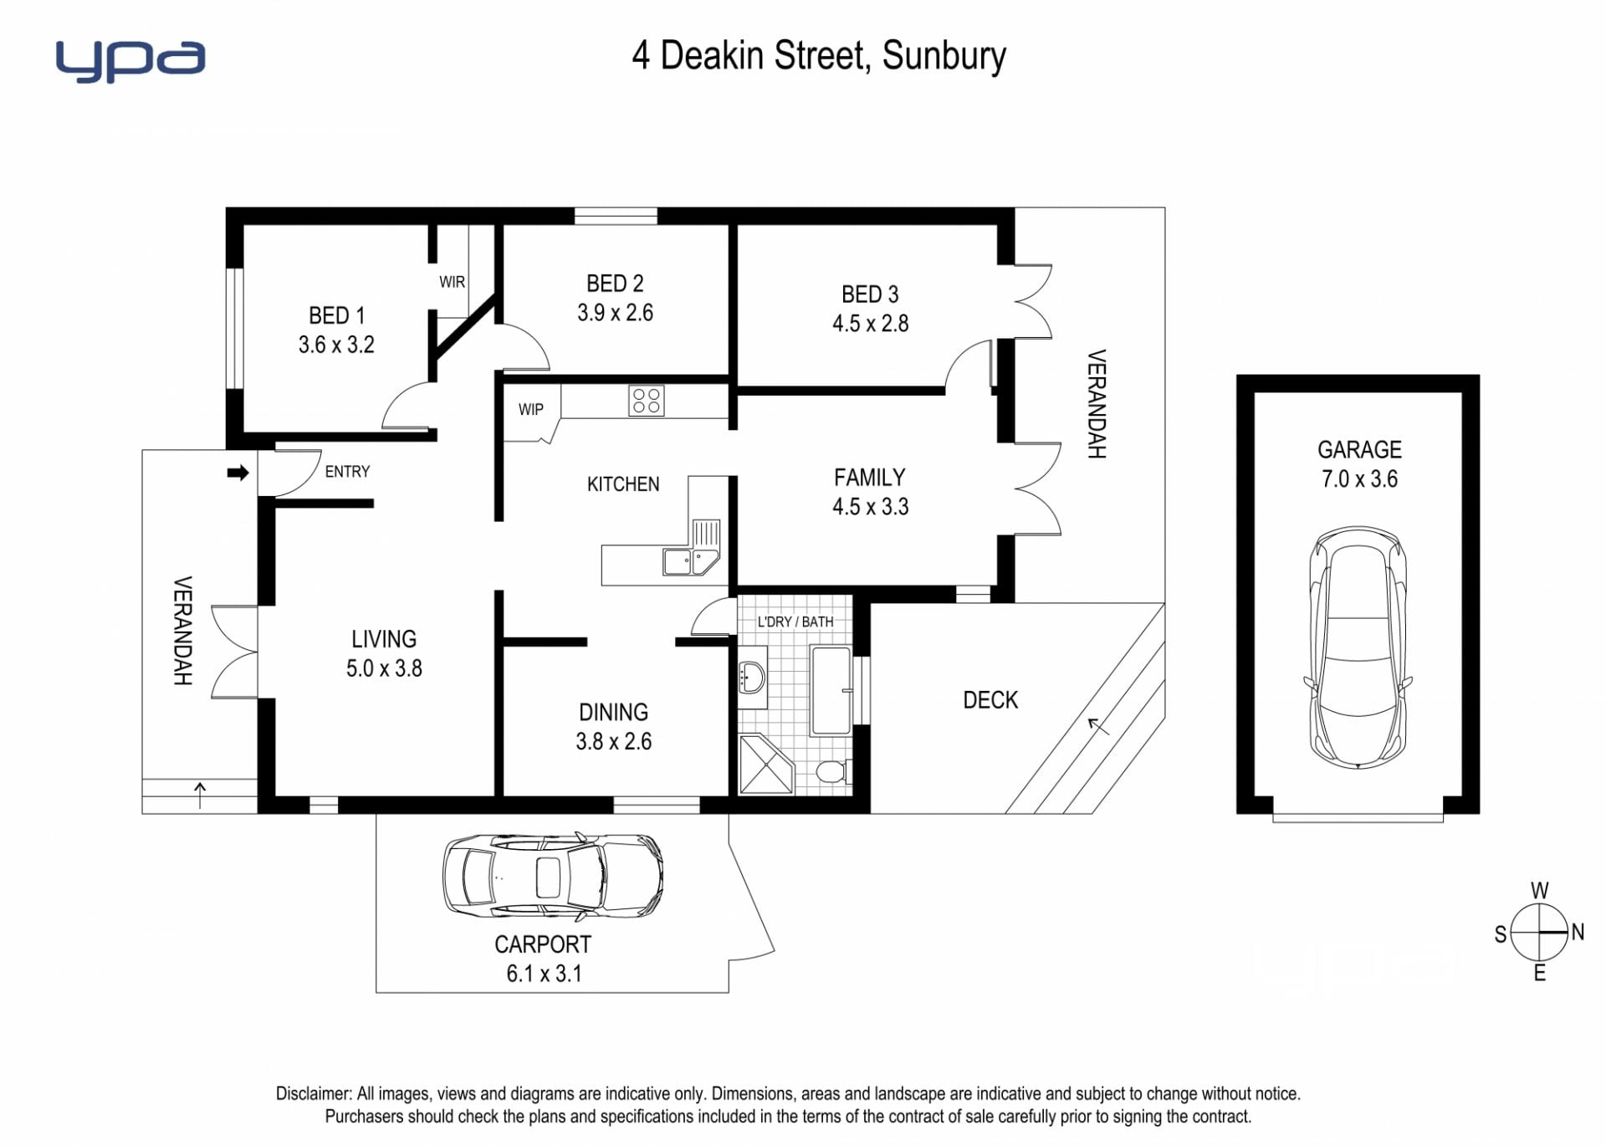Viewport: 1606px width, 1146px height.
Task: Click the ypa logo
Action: click(130, 60)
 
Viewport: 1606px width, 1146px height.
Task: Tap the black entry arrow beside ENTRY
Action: click(238, 473)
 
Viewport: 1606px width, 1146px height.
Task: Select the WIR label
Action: click(452, 282)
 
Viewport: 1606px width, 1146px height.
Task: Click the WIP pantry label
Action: click(530, 409)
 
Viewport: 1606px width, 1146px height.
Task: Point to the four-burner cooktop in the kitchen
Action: click(646, 400)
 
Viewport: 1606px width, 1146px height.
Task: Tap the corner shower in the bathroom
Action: click(765, 764)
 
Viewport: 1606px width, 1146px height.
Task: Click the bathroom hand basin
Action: click(752, 677)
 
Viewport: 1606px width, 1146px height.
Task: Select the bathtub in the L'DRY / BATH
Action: click(831, 690)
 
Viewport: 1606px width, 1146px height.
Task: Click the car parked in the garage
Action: click(1358, 647)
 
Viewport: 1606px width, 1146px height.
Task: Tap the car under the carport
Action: click(553, 874)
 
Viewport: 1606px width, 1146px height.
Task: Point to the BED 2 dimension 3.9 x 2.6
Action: click(615, 313)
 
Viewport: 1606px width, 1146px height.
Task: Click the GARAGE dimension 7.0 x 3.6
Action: click(1359, 479)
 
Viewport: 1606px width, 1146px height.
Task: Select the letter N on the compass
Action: click(1578, 932)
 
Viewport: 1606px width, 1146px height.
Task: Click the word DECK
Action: click(990, 700)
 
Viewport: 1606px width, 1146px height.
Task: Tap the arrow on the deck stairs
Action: click(1098, 726)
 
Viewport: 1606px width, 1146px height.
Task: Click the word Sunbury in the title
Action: click(944, 56)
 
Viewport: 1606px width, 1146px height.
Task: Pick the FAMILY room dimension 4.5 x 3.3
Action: click(870, 507)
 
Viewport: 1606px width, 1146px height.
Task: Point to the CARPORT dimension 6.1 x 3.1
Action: click(544, 974)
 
